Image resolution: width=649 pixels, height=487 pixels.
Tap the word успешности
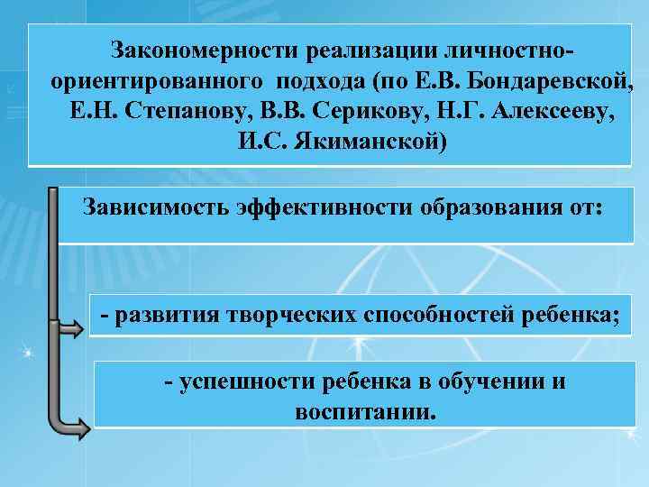[x=232, y=381]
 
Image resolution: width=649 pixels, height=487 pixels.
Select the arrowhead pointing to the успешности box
[x=82, y=425]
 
